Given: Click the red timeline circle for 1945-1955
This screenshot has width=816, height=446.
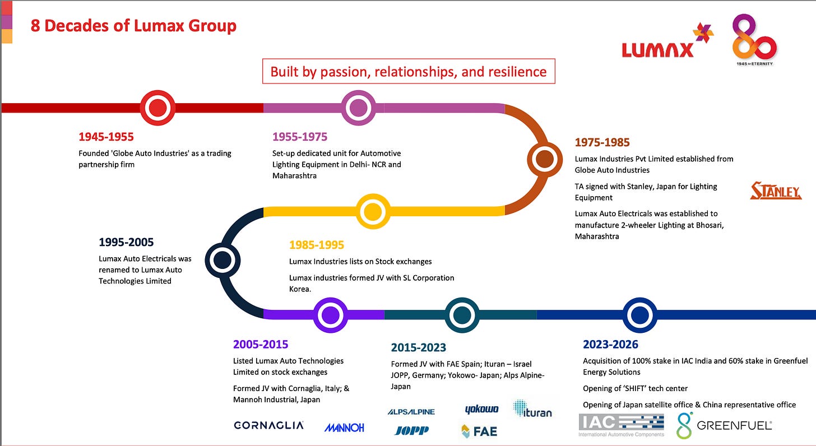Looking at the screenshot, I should (x=157, y=108).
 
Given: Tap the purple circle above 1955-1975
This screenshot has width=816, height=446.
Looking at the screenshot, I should (x=358, y=108).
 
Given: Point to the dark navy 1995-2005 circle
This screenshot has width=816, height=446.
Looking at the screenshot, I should (x=222, y=259).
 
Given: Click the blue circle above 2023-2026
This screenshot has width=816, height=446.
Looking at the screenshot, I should (x=640, y=315).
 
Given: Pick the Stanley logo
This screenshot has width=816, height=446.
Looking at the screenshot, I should (x=776, y=191).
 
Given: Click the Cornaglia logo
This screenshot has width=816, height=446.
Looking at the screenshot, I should (x=268, y=425).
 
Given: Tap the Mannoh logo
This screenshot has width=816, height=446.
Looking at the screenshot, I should (x=344, y=428).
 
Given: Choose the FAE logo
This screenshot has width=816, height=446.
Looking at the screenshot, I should (x=479, y=431).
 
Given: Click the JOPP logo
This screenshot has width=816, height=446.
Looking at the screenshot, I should (x=411, y=430).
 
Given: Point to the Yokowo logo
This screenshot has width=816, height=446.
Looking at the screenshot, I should (x=481, y=410).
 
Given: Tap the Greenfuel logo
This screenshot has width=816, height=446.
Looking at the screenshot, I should (x=724, y=425).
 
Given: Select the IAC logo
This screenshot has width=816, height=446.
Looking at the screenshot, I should (x=621, y=425).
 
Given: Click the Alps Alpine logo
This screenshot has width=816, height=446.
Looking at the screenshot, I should (x=411, y=412).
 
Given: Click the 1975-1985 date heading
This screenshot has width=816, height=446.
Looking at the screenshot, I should (x=602, y=142).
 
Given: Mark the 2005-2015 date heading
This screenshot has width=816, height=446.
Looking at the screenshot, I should (x=261, y=344).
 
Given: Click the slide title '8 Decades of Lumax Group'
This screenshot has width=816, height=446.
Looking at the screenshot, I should (x=133, y=26).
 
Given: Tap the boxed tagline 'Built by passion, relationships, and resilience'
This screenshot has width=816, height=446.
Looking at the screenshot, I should (x=409, y=71).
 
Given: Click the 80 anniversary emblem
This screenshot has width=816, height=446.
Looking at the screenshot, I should (x=754, y=38).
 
